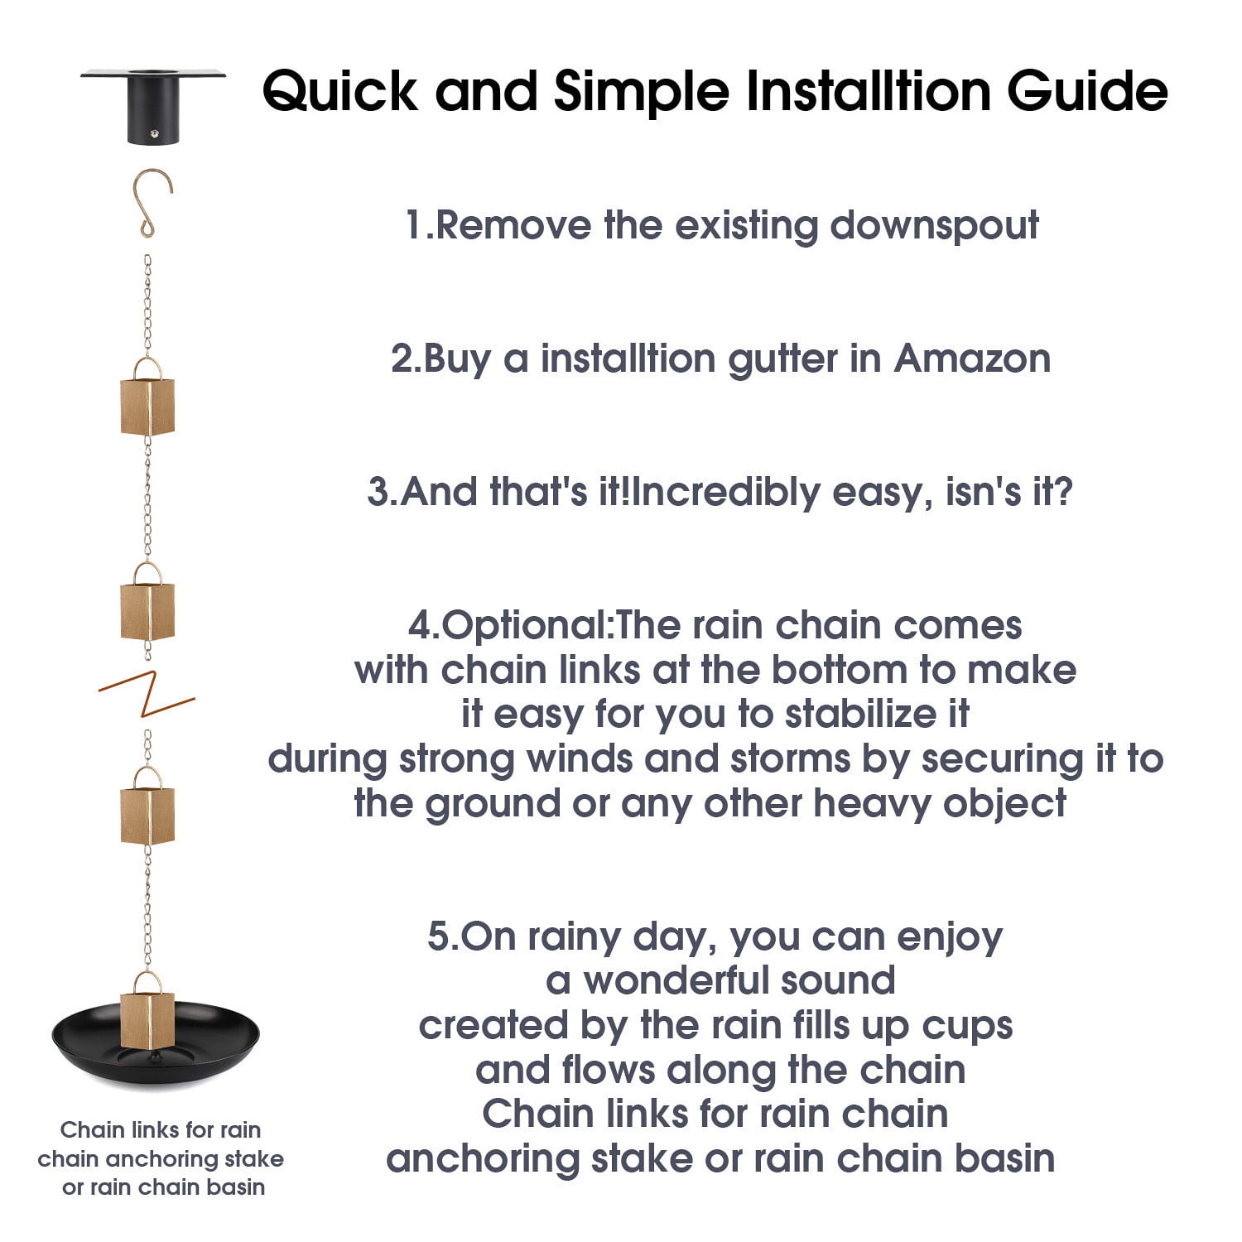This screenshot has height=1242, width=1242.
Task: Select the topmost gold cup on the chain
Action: pos(147,404)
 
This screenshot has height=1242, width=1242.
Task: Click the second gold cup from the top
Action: pos(147,609)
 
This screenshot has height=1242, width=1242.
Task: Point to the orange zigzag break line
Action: pos(147,694)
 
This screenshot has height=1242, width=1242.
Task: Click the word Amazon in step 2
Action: pos(972,359)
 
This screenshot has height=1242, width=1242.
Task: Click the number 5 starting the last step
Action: pos(438,936)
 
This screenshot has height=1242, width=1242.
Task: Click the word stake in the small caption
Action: pos(254,1158)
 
